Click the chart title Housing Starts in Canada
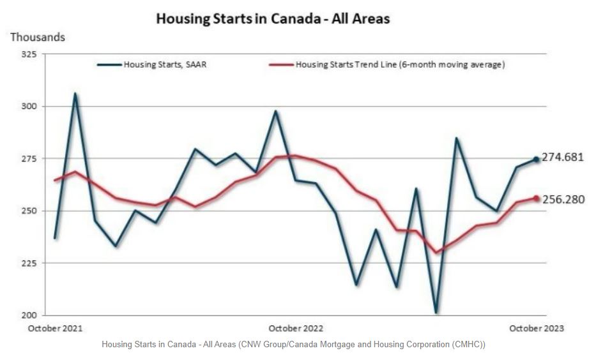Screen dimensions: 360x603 273,19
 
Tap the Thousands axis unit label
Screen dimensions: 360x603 38,37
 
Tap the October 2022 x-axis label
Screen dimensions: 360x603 296,328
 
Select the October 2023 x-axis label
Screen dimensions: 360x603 537,328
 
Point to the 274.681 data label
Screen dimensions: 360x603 563,157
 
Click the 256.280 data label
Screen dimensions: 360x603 563,199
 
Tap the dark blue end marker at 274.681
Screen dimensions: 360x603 537,160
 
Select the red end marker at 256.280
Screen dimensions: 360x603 537,199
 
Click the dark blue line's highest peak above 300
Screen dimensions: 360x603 75,94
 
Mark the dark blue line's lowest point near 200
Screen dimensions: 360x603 436,313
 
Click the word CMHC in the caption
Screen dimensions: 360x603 466,345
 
